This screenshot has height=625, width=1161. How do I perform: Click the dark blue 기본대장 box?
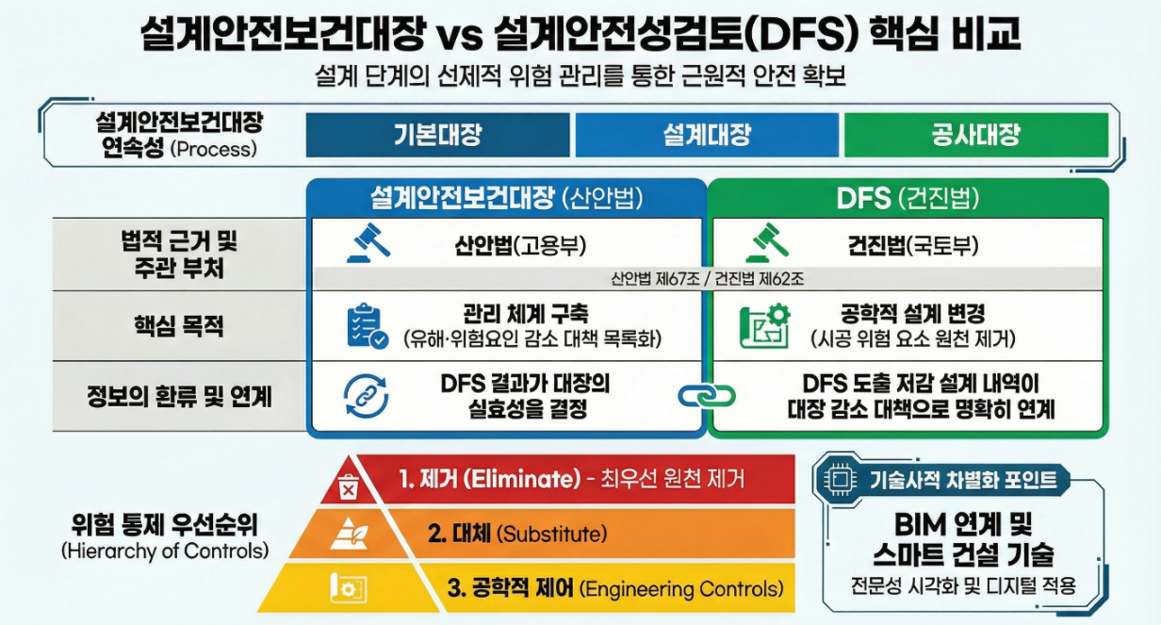point(437,135)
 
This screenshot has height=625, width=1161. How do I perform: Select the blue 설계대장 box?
point(707,135)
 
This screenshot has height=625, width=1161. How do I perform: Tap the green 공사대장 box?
point(975,135)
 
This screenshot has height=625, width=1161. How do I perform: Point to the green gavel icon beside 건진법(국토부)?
point(765,244)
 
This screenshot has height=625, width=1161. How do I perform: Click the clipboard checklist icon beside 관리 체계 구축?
point(367,326)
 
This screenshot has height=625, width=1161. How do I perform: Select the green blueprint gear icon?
point(764,326)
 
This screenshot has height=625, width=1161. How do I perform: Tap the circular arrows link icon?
point(366,396)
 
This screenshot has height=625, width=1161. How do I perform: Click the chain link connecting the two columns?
point(706,395)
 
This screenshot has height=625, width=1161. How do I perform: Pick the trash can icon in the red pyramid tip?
point(348,488)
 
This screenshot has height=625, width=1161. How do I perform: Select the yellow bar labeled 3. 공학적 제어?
point(603,589)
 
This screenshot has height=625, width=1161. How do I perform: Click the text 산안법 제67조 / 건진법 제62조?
point(706,279)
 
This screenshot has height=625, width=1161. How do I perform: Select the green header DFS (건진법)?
point(908,198)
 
